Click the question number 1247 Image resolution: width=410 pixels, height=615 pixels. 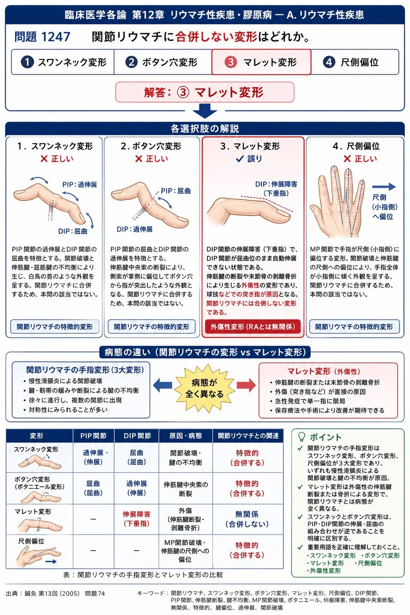coord(56,37)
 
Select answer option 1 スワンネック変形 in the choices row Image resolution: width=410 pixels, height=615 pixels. coord(63,62)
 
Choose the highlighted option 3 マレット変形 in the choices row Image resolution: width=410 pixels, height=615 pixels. coord(261,62)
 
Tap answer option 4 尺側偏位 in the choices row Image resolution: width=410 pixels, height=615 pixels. coord(355,62)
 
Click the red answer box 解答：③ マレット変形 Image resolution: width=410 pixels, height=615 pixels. coord(205,92)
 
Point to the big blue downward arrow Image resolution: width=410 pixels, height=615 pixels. coord(205,111)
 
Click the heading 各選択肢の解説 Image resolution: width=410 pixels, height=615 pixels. coord(205,129)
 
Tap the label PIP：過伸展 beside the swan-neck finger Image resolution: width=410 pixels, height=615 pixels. coord(80,184)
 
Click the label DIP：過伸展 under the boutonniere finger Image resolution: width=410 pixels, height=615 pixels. coord(135,229)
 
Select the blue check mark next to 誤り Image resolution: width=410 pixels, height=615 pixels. coord(240,159)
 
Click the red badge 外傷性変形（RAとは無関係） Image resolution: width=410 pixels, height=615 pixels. coord(253,327)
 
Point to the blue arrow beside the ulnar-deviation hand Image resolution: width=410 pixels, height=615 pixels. coord(384,187)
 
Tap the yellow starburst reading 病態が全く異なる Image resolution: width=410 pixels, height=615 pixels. coord(204,388)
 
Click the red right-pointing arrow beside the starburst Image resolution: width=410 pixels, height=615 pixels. coord(246,385)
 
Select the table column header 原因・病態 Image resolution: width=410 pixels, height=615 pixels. coord(186,436)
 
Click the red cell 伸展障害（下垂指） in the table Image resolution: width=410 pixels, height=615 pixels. coord(137,518)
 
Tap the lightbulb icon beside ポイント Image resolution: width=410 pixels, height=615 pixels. coord(301,437)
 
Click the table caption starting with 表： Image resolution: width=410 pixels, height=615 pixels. coord(143,575)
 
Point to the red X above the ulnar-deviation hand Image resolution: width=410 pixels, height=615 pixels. coord(347,159)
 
